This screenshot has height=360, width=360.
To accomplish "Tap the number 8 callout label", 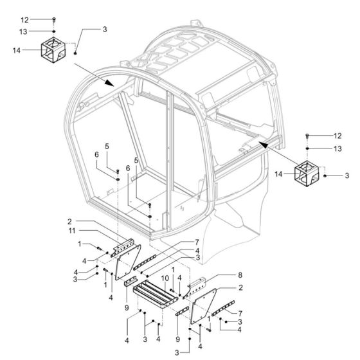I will click(x=222, y=274).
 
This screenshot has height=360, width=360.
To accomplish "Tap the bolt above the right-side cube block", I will click(x=307, y=136).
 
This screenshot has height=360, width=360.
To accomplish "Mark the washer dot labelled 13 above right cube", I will click(x=307, y=149).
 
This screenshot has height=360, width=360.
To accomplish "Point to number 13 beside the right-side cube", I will click(x=337, y=148).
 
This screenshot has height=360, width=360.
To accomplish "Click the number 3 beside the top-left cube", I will click(x=105, y=29).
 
